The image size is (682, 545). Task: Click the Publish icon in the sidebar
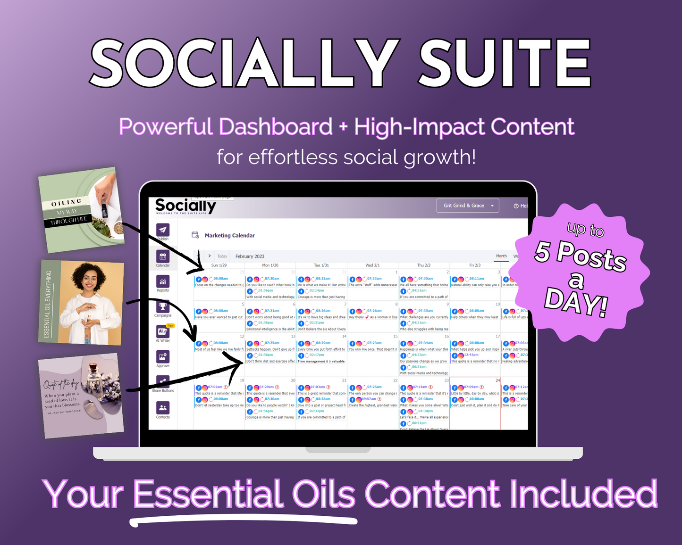tap(163, 230)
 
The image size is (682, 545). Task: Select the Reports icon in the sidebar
tap(163, 282)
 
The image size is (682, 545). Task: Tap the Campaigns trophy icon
tap(163, 307)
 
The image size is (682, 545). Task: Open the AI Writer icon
tap(163, 332)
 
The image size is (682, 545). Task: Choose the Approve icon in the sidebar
tap(163, 357)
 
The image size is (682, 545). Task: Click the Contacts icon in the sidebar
tap(163, 408)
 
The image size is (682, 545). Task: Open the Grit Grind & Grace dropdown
tap(468, 206)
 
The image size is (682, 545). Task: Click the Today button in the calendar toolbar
tap(222, 256)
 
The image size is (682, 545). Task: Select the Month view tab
tap(501, 256)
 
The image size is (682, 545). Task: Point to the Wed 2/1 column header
tap(372, 265)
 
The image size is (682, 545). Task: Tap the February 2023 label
tap(250, 256)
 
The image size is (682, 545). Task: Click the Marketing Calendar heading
tap(230, 235)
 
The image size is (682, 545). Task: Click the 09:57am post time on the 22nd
tap(369, 399)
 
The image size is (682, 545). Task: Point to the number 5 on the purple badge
tap(543, 251)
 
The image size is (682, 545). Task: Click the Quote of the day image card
tap(82, 395)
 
